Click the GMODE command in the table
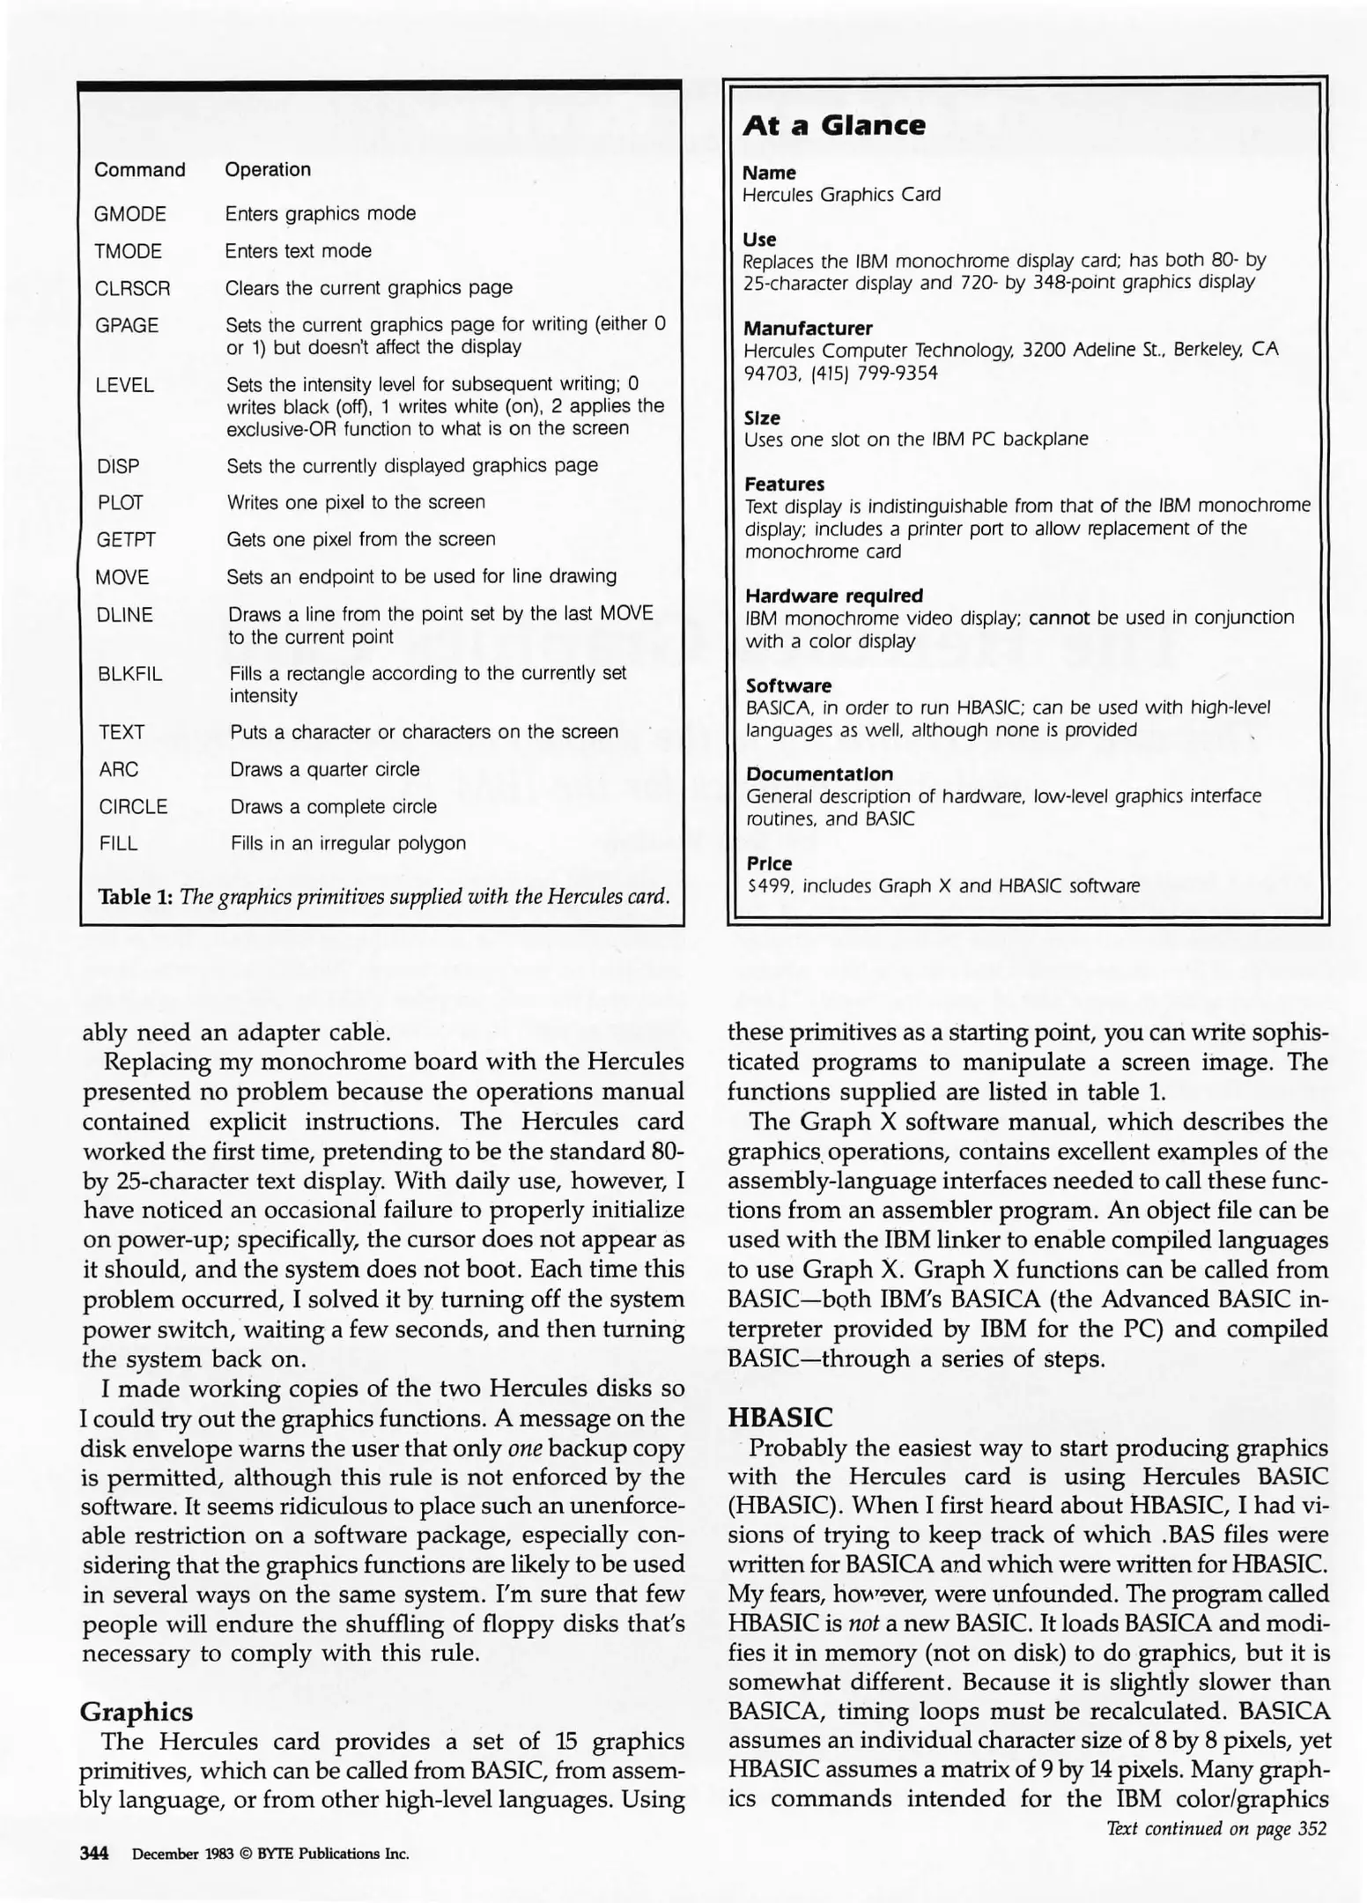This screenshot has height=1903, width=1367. [129, 214]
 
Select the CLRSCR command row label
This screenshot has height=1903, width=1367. [132, 288]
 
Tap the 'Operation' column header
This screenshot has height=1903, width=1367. [268, 169]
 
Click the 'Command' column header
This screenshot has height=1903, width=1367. [139, 169]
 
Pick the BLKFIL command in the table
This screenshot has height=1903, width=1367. [130, 674]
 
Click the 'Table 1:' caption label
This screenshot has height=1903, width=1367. [135, 897]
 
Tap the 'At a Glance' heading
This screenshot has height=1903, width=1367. [833, 125]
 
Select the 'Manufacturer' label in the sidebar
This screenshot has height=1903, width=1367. [808, 328]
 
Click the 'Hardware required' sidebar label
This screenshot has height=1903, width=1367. [833, 596]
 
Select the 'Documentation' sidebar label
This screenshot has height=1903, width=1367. [819, 774]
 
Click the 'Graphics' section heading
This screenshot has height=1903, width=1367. [136, 1711]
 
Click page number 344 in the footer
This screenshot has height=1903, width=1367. [94, 1853]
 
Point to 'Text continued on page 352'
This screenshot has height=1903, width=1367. [1215, 1828]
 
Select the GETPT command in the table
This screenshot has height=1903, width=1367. [126, 539]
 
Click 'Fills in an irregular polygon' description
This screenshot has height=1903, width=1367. [348, 843]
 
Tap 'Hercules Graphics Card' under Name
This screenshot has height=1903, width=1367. [841, 194]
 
